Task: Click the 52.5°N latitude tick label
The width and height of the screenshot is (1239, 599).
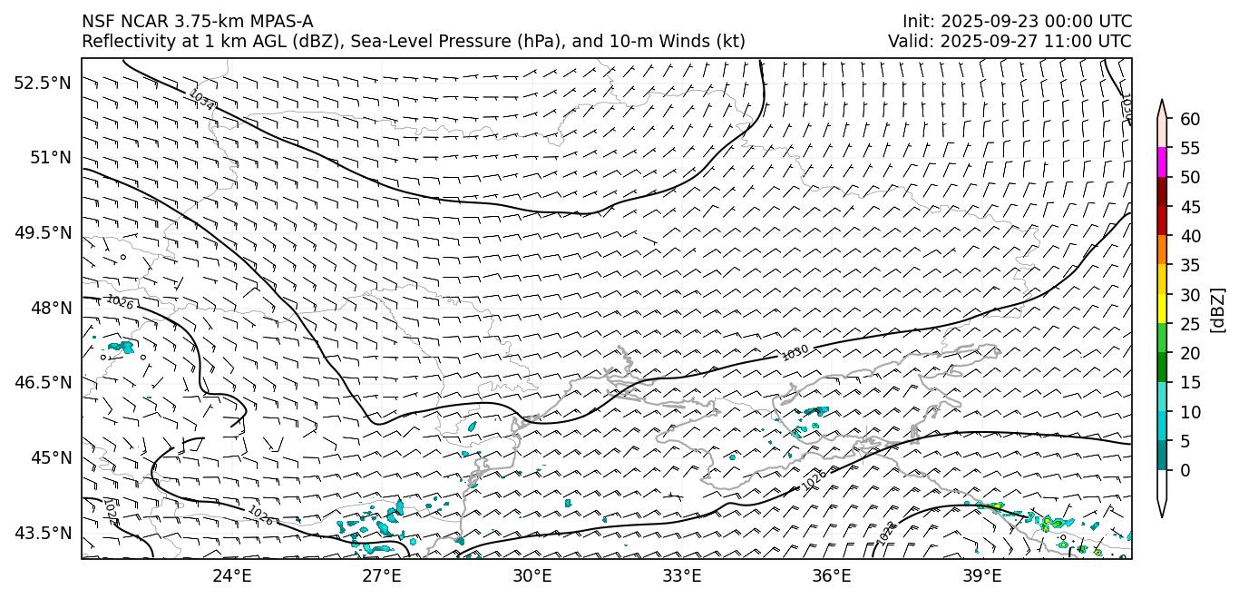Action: pyautogui.click(x=42, y=83)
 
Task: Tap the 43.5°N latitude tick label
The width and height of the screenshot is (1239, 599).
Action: pyautogui.click(x=42, y=533)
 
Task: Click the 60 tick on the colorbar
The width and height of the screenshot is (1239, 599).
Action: pyautogui.click(x=1190, y=119)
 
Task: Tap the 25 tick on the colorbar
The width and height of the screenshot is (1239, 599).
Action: pyautogui.click(x=1190, y=324)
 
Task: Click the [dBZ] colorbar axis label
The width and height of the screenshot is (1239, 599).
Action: pyautogui.click(x=1217, y=309)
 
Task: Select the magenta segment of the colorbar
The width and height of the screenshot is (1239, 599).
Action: pyautogui.click(x=1162, y=162)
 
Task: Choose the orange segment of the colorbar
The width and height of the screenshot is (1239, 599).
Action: pyautogui.click(x=1162, y=250)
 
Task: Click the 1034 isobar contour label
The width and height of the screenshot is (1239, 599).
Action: pyautogui.click(x=201, y=100)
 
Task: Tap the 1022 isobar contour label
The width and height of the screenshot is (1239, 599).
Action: pyautogui.click(x=110, y=511)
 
